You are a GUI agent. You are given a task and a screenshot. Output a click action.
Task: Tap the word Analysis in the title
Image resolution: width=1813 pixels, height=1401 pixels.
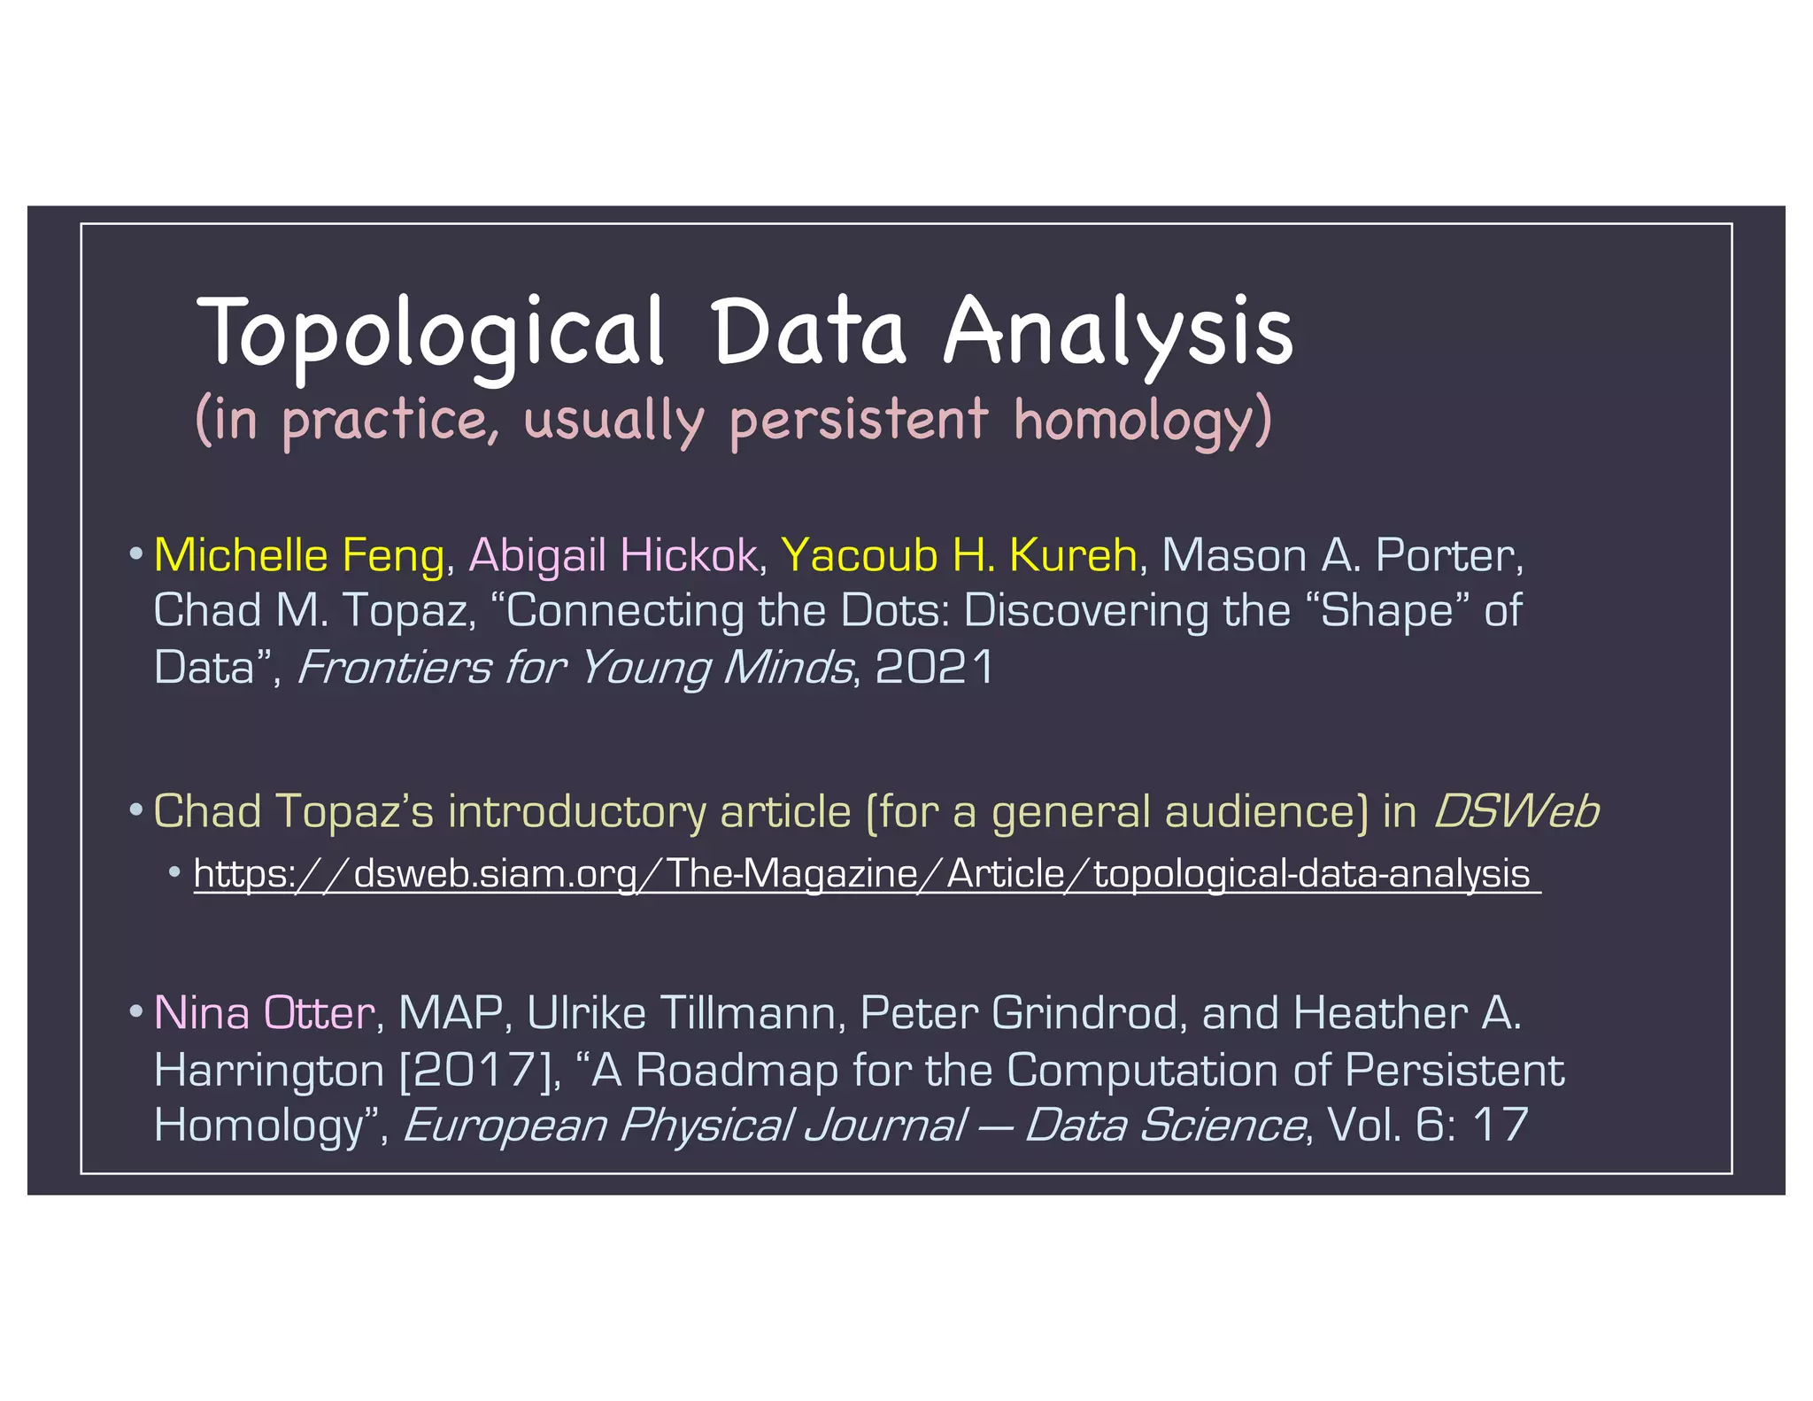point(1118,332)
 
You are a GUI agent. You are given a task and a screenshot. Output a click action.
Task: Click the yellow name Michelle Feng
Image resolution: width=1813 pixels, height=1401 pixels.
point(298,555)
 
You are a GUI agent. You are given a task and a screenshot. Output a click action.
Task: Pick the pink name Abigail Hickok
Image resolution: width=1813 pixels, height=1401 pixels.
point(613,555)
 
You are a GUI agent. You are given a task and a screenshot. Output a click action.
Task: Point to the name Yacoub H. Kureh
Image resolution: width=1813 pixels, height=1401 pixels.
point(959,555)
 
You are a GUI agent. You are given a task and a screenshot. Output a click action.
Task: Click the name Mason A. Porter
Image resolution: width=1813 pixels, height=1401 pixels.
point(1342,555)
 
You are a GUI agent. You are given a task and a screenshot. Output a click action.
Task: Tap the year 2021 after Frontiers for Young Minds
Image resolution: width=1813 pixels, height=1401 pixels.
point(935,667)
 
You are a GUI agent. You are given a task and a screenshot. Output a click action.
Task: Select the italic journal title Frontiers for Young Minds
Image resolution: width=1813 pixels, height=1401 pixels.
point(575,667)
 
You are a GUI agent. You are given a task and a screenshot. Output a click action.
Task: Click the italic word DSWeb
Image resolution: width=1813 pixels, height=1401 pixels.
point(1516,811)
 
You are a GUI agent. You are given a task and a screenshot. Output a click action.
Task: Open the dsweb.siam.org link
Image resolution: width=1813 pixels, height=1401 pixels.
point(861,874)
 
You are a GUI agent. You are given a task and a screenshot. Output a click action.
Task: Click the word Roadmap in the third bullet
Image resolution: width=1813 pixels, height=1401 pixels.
point(737,1070)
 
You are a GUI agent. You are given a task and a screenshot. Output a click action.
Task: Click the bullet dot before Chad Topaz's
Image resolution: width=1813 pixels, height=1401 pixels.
point(135,810)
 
